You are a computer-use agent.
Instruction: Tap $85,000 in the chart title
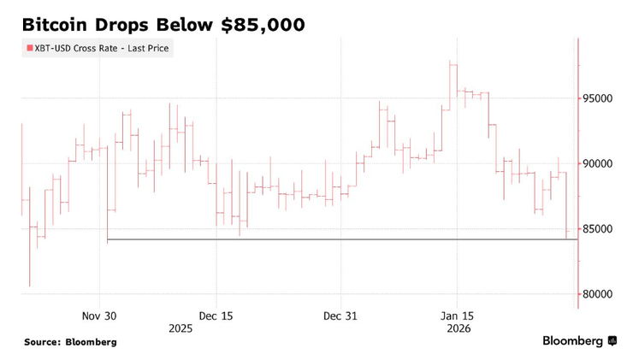[x=263, y=25]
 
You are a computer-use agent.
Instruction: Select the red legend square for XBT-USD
[x=30, y=49]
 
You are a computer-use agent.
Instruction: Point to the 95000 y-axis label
[x=604, y=98]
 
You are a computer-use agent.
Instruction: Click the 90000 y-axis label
[x=604, y=163]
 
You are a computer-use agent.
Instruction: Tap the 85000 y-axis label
[x=604, y=229]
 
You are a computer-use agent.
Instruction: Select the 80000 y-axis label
[x=604, y=294]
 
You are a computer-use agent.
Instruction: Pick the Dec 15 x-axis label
[x=216, y=316]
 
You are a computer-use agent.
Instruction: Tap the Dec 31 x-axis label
[x=340, y=316]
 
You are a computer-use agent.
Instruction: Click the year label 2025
[x=180, y=328]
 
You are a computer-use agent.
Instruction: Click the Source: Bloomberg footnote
[x=70, y=342]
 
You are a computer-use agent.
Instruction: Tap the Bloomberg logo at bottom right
[x=572, y=341]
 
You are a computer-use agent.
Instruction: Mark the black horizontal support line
[x=342, y=239]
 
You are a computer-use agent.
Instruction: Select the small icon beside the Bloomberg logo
[x=612, y=341]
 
